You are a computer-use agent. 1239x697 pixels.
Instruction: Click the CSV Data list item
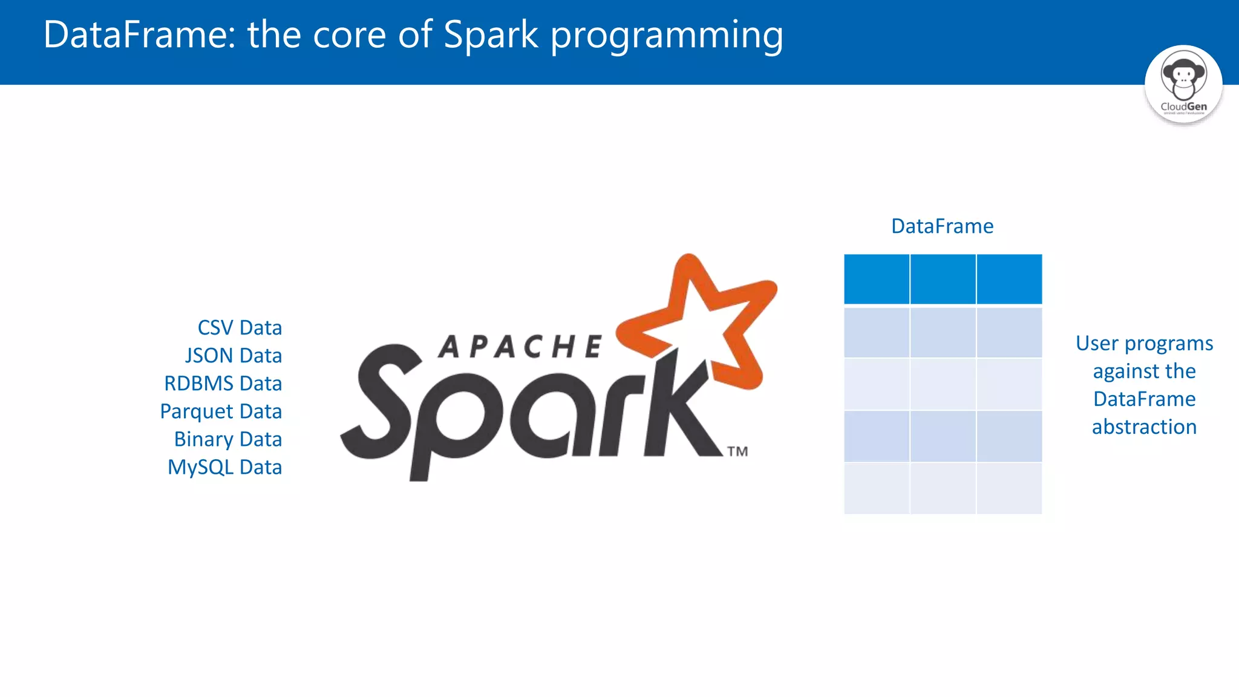coord(240,328)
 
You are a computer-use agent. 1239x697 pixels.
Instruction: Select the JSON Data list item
coord(234,356)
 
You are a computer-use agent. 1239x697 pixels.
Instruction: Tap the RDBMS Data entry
coord(223,384)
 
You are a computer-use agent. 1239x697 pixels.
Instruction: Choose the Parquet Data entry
coord(221,411)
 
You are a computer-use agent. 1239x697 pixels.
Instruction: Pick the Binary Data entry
coord(228,439)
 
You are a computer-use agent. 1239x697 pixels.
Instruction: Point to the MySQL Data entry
coord(224,467)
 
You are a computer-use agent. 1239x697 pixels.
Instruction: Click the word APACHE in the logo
coord(520,347)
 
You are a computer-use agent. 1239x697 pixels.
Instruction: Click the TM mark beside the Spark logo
coord(737,451)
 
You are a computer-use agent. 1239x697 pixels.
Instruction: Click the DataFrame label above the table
coord(942,226)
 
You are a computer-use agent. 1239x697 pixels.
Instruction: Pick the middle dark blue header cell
coord(943,279)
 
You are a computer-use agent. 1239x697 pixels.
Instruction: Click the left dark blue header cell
coord(877,279)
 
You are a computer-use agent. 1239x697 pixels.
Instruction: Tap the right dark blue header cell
coord(1009,279)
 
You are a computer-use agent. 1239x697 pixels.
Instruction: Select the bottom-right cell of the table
coord(1009,488)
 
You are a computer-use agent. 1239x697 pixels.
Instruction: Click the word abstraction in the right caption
coord(1144,427)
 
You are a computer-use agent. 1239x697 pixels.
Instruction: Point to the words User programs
coord(1144,344)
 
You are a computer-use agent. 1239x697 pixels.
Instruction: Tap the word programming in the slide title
coord(666,35)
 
